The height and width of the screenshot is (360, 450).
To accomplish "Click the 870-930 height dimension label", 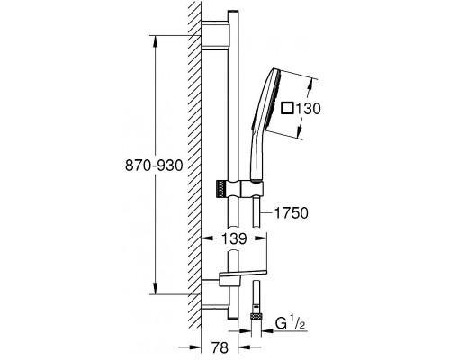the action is [x=154, y=166].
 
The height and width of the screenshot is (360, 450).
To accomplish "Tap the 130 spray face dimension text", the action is [x=308, y=109].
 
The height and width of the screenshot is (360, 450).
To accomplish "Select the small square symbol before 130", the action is [x=287, y=108].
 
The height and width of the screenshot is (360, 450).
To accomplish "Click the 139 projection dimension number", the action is [x=234, y=238].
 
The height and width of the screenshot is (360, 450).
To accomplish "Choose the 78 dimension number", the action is [x=220, y=347].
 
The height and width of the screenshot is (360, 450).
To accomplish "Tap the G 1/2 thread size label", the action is [x=290, y=324].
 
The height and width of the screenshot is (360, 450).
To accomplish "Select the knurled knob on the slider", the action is [x=220, y=190].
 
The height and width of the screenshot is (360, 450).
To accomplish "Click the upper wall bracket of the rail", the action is [x=215, y=35].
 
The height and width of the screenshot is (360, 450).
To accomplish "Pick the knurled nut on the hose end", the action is [x=256, y=316].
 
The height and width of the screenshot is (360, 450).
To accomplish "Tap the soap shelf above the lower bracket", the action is [x=243, y=274].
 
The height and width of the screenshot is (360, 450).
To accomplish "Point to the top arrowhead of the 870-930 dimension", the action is [x=156, y=41].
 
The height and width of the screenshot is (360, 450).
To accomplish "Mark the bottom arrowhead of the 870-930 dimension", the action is [x=156, y=288].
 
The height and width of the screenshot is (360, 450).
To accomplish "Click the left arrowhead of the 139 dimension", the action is [x=207, y=238].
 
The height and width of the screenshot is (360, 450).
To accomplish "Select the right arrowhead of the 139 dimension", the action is [x=261, y=238].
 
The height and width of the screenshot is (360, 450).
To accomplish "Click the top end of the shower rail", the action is [x=233, y=12].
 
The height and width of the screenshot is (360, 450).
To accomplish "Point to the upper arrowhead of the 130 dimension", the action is [x=312, y=85].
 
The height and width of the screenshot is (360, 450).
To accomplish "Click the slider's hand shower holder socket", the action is [x=253, y=189].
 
